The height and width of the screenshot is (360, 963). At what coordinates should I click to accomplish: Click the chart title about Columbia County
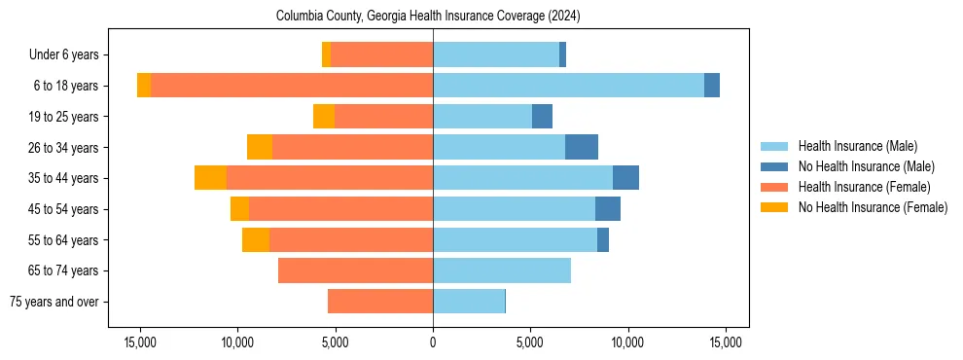(428, 16)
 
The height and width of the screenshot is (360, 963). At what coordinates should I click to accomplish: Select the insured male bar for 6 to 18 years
(568, 86)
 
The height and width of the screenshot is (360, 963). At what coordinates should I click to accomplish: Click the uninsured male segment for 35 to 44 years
(625, 178)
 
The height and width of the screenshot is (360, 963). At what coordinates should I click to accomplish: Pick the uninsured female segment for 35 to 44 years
(210, 178)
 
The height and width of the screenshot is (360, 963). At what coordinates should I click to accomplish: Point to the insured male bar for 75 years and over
(469, 302)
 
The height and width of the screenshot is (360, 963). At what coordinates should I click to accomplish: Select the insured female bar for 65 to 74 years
(355, 270)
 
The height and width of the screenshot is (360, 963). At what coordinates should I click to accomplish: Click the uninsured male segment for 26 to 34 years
(582, 147)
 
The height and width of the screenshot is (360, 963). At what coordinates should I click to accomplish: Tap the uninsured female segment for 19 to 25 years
(324, 117)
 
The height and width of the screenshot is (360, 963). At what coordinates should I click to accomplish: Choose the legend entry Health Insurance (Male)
(857, 146)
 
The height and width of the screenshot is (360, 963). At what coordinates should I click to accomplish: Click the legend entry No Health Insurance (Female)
(873, 207)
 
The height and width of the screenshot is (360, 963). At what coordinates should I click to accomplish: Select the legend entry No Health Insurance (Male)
(866, 166)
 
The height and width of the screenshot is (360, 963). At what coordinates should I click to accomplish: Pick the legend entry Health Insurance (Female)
(864, 187)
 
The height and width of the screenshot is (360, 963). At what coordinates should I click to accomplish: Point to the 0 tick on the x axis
(433, 342)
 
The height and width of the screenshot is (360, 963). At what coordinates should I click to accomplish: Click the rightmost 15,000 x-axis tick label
(726, 342)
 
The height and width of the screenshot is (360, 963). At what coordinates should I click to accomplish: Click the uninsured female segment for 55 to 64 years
(256, 240)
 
